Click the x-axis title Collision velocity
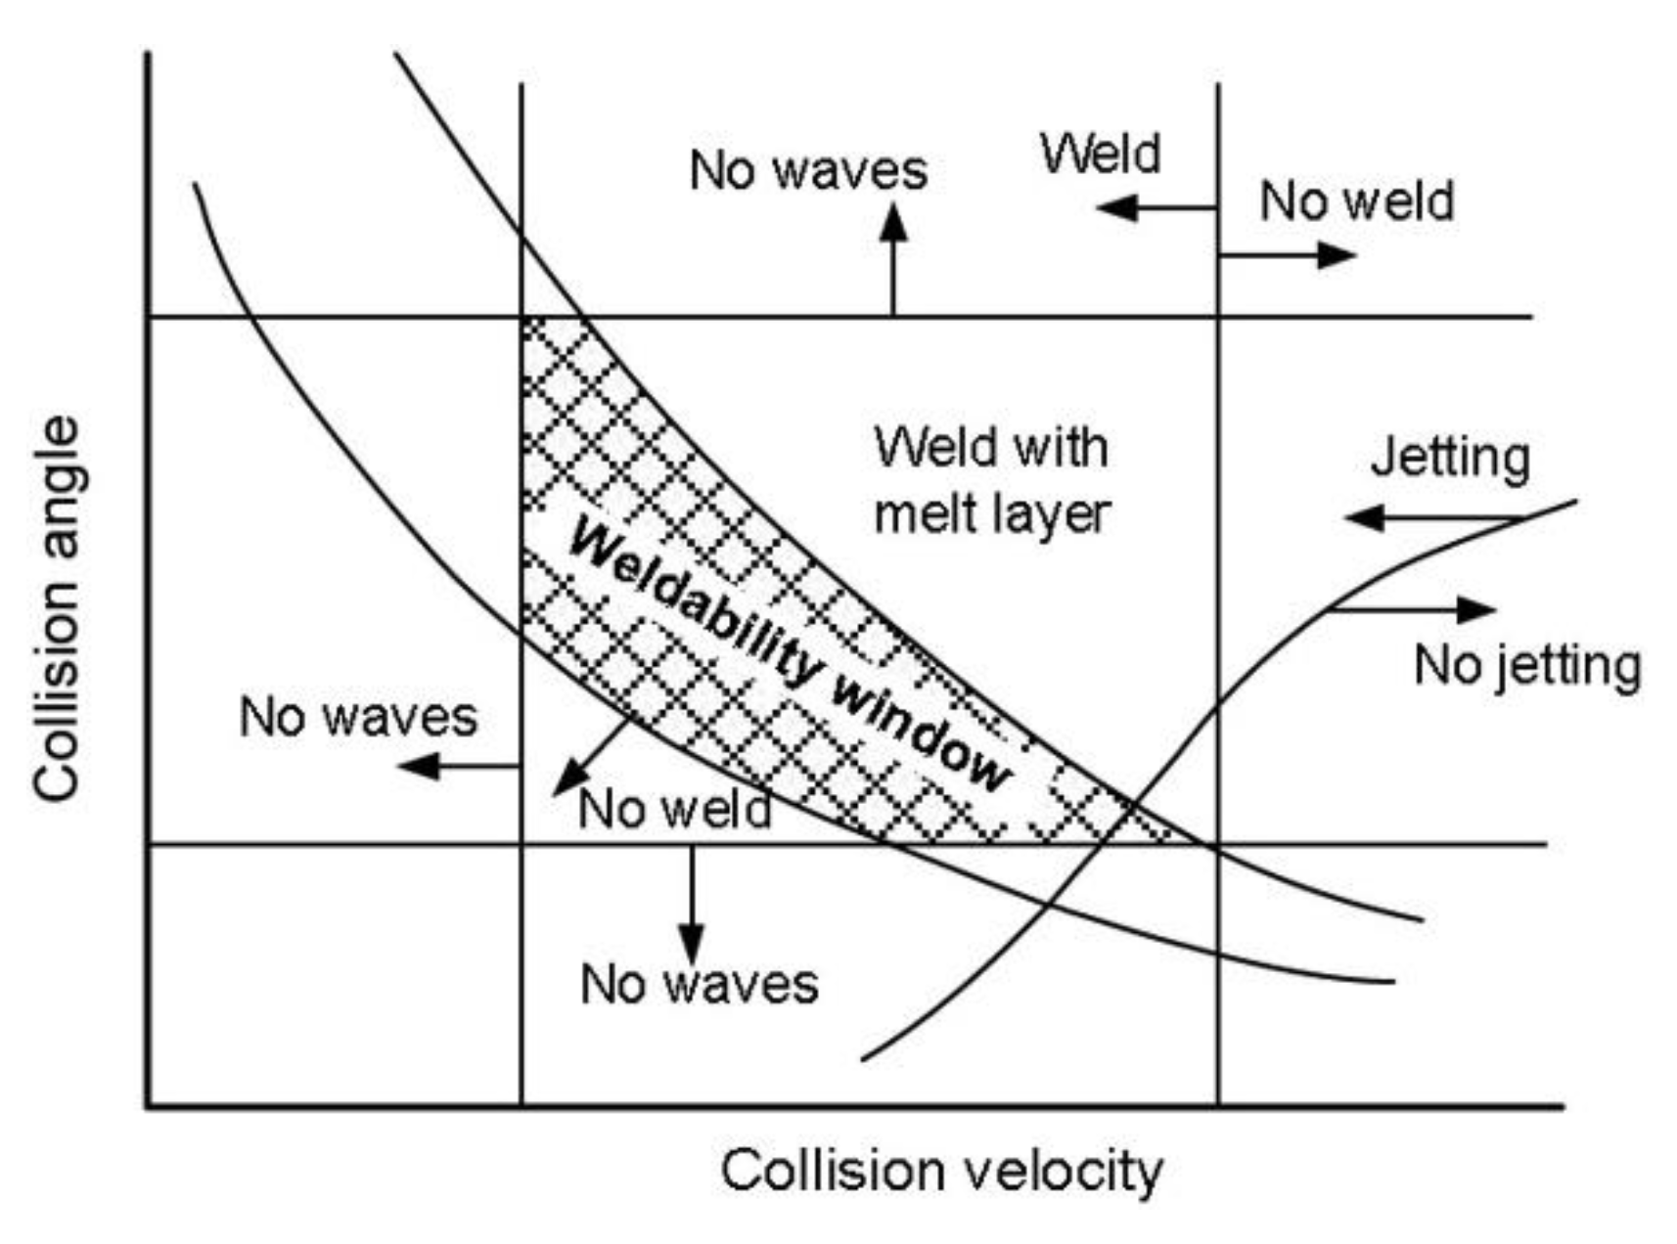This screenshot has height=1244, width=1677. [941, 1171]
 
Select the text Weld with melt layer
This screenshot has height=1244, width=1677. [992, 480]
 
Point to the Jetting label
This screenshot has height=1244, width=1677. [1450, 459]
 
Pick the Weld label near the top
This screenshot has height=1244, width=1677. [1100, 154]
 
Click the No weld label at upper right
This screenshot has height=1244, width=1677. [1357, 201]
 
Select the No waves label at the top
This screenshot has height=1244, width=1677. [808, 171]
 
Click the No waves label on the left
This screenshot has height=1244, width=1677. [358, 717]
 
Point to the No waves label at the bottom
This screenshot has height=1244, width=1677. [699, 984]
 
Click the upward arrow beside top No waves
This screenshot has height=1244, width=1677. [892, 259]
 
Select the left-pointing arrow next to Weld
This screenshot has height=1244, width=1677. [1155, 207]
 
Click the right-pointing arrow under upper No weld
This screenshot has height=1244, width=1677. [1287, 255]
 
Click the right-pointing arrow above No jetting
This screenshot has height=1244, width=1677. [1414, 609]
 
